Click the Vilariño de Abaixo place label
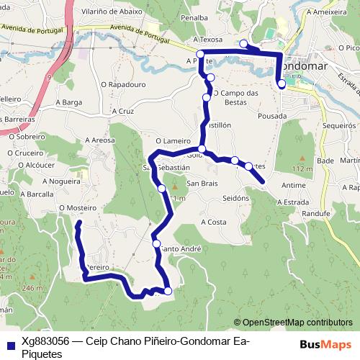click(x=112, y=12)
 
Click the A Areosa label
click(x=99, y=140)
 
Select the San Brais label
click(x=204, y=183)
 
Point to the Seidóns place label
click(x=235, y=198)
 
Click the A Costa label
click(x=214, y=222)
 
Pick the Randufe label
click(x=315, y=214)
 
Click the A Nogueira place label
click(x=60, y=182)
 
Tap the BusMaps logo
click(x=325, y=344)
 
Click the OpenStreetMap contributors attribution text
click(x=297, y=323)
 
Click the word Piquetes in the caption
click(x=42, y=354)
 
